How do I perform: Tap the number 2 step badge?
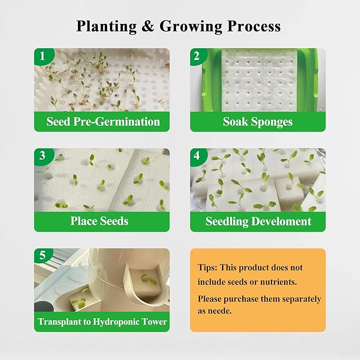tap(197, 56)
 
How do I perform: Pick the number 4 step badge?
tap(197, 156)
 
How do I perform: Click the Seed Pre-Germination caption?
tap(103, 121)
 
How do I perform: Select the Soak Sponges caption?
tap(258, 121)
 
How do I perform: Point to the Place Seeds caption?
tap(99, 221)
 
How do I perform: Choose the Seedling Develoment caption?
tap(258, 221)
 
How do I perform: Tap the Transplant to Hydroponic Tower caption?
tap(102, 322)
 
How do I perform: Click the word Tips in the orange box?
tap(207, 268)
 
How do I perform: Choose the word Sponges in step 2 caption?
tap(271, 121)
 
